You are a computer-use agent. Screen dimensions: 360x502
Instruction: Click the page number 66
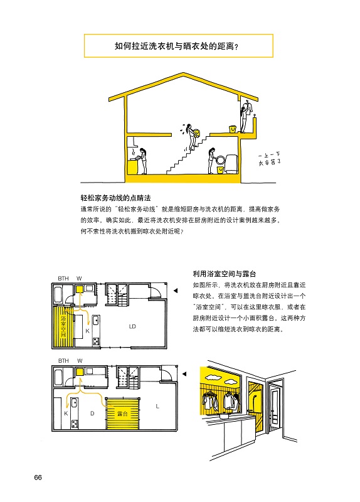[38, 478]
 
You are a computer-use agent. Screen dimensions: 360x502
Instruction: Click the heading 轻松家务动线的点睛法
[115, 198]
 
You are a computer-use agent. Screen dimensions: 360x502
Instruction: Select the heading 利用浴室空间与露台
[225, 274]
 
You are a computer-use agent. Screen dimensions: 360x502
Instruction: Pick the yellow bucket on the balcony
[233, 129]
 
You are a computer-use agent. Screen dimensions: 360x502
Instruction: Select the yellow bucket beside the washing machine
[220, 169]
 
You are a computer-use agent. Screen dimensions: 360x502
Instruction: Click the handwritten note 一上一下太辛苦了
[269, 160]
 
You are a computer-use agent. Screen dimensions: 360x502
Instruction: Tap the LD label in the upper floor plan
[132, 326]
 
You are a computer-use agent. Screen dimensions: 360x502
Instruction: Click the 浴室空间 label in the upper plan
[63, 326]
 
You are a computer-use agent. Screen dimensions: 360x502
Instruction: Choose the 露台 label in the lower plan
[122, 414]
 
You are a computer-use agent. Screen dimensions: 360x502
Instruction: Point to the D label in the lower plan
[92, 414]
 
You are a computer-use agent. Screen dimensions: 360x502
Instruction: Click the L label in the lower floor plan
[157, 406]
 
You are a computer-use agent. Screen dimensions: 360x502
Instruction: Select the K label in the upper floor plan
[87, 331]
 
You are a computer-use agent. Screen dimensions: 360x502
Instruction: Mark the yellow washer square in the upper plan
[80, 289]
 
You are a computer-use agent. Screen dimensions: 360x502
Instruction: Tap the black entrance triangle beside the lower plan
[184, 373]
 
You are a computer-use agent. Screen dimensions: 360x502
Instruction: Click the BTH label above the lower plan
[63, 361]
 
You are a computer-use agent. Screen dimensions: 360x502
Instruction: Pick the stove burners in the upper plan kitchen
[96, 341]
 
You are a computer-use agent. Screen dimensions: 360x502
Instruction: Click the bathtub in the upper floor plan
[58, 294]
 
